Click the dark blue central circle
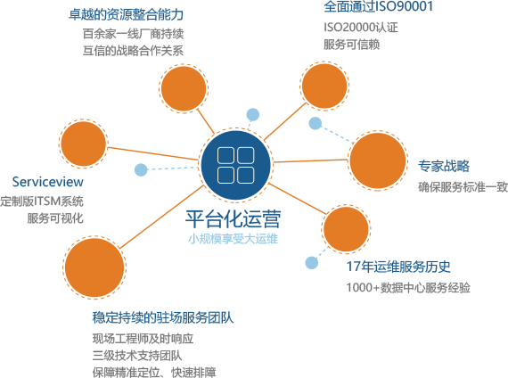point(235,165)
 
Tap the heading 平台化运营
point(233,219)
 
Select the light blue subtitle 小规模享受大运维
point(233,239)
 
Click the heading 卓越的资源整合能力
point(126,14)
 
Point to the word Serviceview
point(47,182)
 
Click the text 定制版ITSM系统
point(42,201)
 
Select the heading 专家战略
point(444,166)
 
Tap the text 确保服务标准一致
point(463,187)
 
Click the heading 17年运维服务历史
point(398,267)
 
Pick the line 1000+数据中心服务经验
point(408,288)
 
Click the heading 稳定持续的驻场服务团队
point(163,317)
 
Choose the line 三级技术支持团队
point(137,356)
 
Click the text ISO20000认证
point(361,28)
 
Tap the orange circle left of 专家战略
point(378,160)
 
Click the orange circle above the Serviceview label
point(84,144)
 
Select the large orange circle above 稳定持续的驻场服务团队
point(94,267)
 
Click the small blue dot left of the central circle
point(141,169)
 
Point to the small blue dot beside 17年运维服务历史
point(312,263)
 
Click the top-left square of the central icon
point(225,155)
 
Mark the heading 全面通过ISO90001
point(379,6)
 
